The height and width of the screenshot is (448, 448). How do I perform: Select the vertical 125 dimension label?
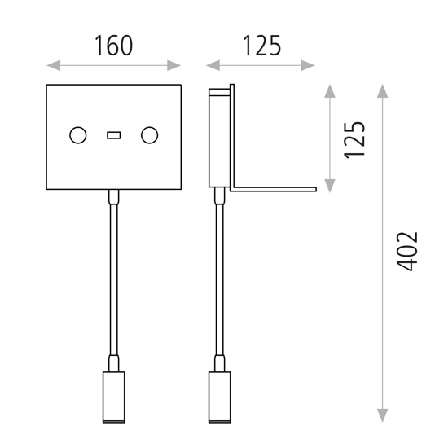pyautogui.click(x=355, y=139)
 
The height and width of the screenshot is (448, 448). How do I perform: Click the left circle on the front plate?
pyautogui.click(x=78, y=135)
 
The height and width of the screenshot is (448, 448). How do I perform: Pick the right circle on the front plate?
pyautogui.click(x=149, y=135)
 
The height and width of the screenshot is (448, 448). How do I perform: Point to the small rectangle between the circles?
pyautogui.click(x=114, y=135)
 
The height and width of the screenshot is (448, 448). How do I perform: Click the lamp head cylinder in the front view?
pyautogui.click(x=114, y=397)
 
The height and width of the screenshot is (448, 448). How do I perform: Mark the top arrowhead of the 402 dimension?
pyautogui.click(x=383, y=90)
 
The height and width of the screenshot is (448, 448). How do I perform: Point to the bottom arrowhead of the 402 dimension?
pyautogui.click(x=383, y=416)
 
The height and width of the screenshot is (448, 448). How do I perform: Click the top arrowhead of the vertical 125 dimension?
pyautogui.click(x=330, y=90)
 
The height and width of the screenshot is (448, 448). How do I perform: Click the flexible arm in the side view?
pyautogui.click(x=218, y=277)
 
